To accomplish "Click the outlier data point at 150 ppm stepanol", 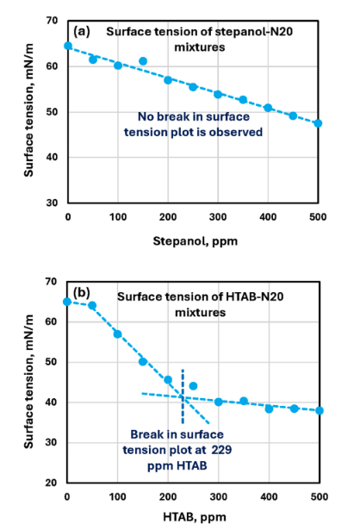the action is point(143,61).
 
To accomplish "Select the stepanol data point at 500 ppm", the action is point(318,123).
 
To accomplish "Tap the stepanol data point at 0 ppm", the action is point(68,46).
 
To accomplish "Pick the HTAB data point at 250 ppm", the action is point(193,386).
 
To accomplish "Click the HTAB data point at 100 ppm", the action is point(117,334).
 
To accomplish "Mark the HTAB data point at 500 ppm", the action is point(320,411).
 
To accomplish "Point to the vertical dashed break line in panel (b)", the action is point(183,396).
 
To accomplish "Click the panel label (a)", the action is point(82,31).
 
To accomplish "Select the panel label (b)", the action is point(82,292).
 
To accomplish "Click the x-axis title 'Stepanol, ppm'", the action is point(196,241).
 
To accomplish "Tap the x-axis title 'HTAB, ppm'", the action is point(195,517).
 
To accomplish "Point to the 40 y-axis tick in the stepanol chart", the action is point(52,157).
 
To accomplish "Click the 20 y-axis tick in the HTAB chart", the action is point(52,483).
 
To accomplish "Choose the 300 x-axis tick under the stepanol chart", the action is point(218,216).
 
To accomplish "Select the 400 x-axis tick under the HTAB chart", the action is point(269,496).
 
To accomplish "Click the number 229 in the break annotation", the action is point(221,450).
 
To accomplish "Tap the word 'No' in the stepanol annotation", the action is point(146,116).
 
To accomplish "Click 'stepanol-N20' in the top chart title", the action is point(253,31).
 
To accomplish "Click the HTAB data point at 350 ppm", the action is point(244,402).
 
